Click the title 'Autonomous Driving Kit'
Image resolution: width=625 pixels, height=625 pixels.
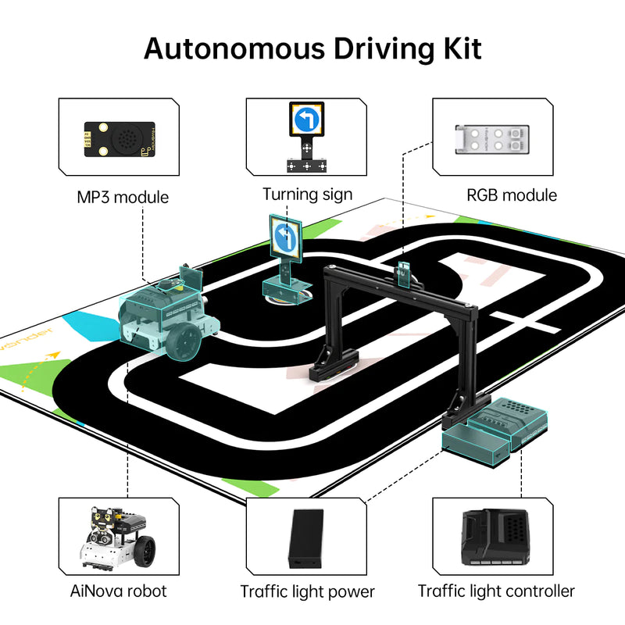[x=312, y=48]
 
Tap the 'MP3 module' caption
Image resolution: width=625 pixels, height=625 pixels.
[x=123, y=197]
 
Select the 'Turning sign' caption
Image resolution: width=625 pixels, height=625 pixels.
[x=307, y=195]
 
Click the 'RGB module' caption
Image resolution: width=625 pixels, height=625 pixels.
[x=512, y=195]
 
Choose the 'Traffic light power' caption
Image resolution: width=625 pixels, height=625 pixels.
[x=307, y=591]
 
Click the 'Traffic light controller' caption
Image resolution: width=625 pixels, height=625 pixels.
[x=496, y=591]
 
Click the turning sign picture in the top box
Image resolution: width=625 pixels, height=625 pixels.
[x=307, y=137]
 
